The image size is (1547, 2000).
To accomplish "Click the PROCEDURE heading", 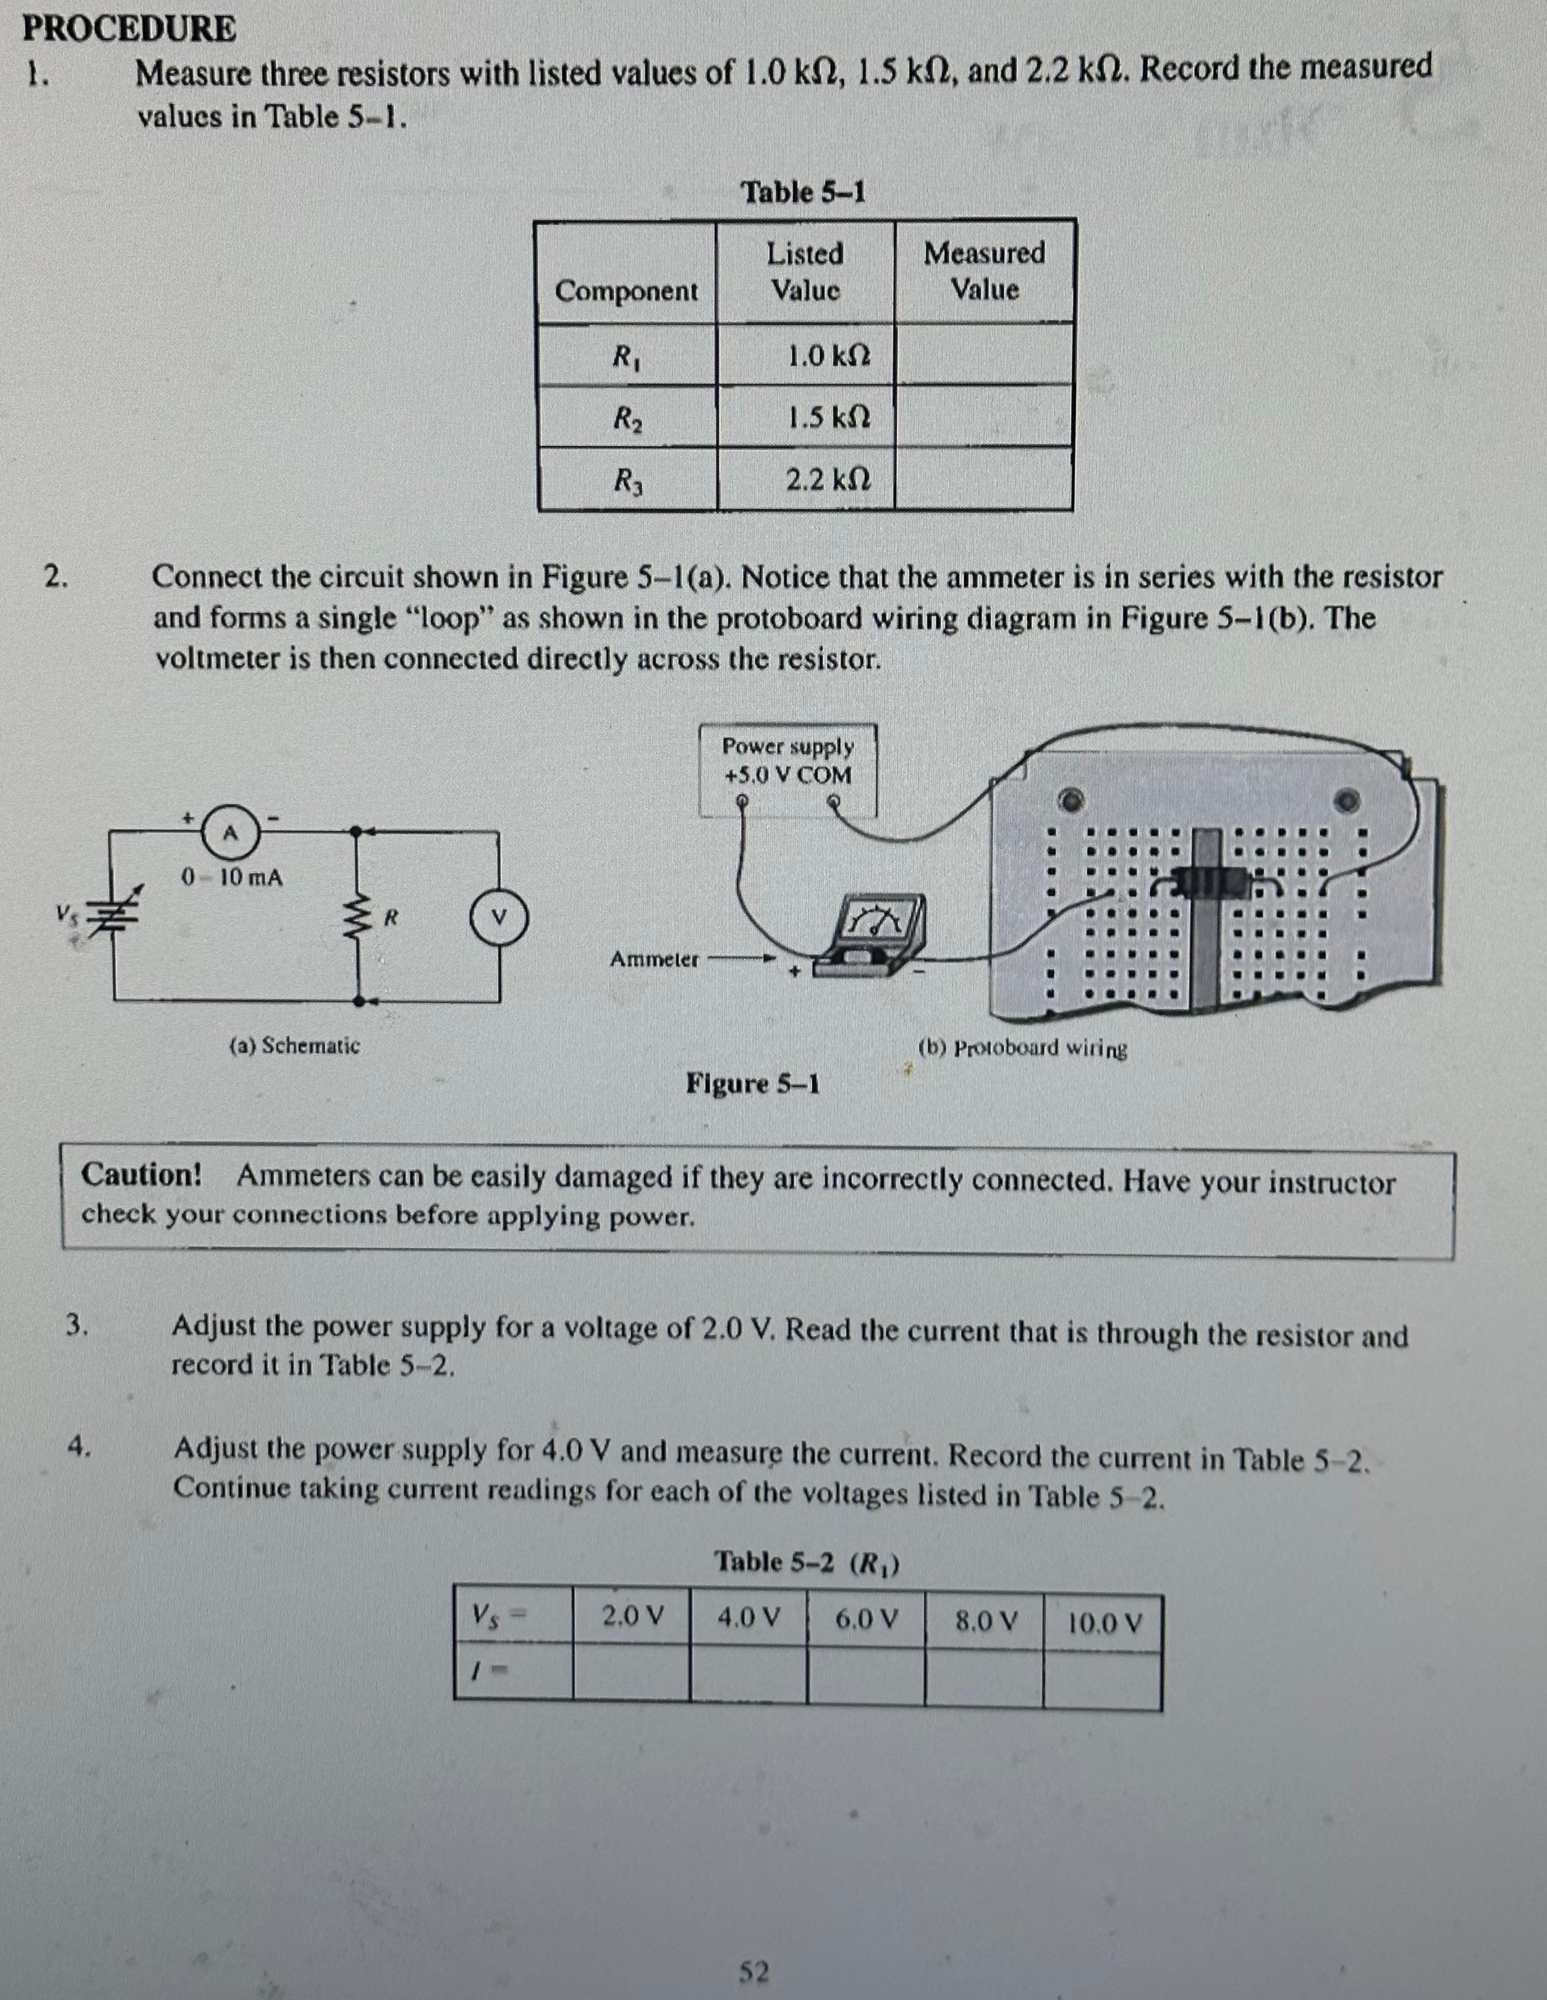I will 129,29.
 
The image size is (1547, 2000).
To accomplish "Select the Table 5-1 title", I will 803,192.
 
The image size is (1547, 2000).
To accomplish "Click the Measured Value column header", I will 984,271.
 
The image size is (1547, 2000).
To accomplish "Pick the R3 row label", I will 627,480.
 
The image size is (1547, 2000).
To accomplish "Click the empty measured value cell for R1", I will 984,354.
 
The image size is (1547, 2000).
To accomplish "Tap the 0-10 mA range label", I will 232,877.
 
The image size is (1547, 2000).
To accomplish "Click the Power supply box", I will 788,769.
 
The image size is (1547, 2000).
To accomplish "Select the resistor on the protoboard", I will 1207,882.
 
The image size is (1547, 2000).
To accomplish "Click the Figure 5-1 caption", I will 753,1084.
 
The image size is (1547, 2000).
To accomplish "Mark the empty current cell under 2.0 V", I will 632,1674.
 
